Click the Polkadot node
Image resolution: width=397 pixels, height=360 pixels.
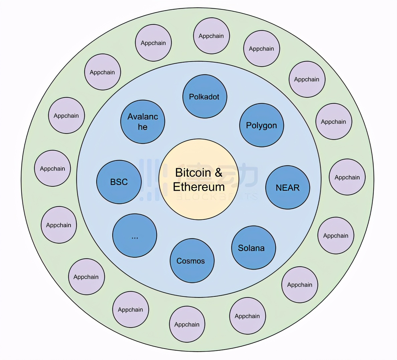(x=205, y=96)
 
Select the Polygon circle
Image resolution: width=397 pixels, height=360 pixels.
(x=261, y=125)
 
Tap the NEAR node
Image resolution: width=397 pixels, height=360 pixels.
(x=287, y=187)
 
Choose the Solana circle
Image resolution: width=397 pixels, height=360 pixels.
(x=253, y=248)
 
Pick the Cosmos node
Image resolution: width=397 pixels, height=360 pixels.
(x=192, y=261)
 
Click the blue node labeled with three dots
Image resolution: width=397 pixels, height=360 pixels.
(x=135, y=236)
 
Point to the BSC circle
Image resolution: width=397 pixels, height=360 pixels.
(x=119, y=182)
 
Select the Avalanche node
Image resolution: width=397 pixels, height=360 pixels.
(x=143, y=121)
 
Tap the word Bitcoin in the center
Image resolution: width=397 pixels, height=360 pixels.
(x=193, y=173)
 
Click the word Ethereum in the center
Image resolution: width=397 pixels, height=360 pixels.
(x=199, y=187)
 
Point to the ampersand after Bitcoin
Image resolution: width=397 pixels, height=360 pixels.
(x=219, y=173)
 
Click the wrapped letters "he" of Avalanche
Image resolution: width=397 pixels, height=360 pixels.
(x=143, y=127)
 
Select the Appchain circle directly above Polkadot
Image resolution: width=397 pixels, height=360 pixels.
(x=211, y=36)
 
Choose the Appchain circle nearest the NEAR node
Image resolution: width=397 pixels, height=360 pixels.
(x=347, y=177)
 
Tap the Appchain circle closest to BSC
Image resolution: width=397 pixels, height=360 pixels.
(x=52, y=168)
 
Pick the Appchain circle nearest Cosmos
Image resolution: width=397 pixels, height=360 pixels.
(x=187, y=324)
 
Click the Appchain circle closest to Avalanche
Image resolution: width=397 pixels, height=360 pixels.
(x=102, y=72)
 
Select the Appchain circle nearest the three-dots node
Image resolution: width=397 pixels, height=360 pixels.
(x=86, y=277)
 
